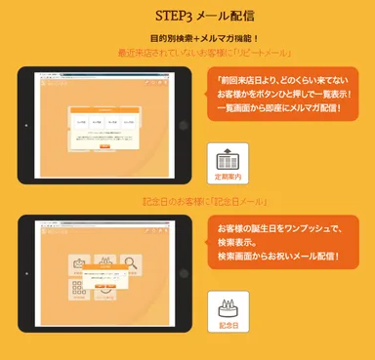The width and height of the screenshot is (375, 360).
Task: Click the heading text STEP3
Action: tap(172, 16)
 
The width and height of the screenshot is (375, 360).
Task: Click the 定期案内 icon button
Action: tap(229, 163)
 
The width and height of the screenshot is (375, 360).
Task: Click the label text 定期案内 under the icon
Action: tap(229, 179)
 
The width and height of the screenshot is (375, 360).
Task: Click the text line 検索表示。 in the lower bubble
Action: tap(238, 242)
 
